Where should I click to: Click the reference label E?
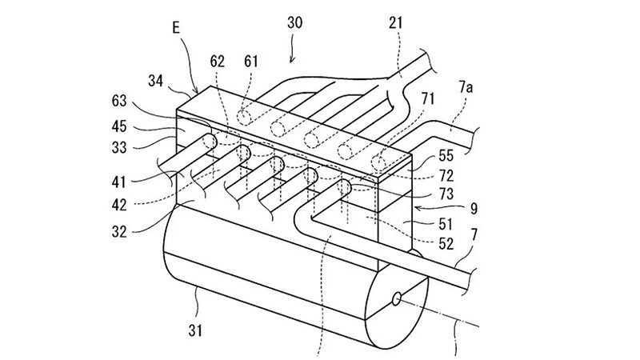point(176,27)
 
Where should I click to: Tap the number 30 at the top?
point(294,22)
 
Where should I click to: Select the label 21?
point(395,23)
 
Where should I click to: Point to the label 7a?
point(466,87)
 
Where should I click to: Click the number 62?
point(217,62)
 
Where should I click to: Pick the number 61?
point(251,62)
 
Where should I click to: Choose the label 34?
point(155,82)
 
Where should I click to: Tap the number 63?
point(119,101)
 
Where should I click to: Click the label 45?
point(119,126)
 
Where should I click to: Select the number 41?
point(118,182)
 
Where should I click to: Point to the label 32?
point(119,232)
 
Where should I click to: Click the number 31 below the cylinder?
point(195,330)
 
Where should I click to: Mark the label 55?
point(446,155)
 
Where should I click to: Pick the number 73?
point(446,194)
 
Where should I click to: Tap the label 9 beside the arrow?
point(474,209)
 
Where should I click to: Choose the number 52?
point(446,244)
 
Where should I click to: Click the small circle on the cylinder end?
point(396,299)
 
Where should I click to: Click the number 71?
point(428,98)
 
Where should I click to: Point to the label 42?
point(119,205)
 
